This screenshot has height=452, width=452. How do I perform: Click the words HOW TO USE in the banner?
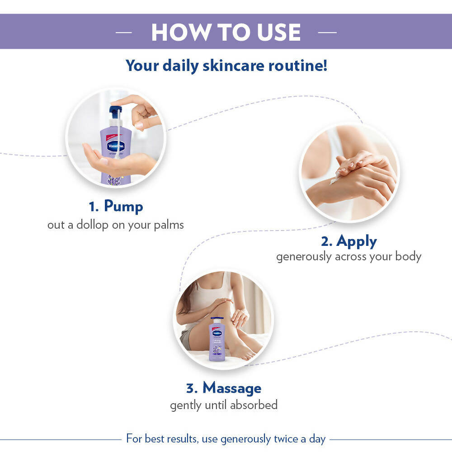click(x=226, y=33)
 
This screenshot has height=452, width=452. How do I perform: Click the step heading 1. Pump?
click(x=116, y=207)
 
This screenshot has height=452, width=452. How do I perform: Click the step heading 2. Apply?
click(x=349, y=241)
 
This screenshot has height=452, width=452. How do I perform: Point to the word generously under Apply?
click(x=304, y=257)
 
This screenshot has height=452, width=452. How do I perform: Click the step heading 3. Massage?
click(x=224, y=388)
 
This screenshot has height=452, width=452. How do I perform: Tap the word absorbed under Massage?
click(x=254, y=405)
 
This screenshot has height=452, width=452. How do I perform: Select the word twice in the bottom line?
click(x=287, y=438)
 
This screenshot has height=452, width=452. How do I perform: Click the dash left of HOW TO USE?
click(x=124, y=33)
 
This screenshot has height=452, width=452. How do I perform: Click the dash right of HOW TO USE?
click(x=328, y=33)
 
